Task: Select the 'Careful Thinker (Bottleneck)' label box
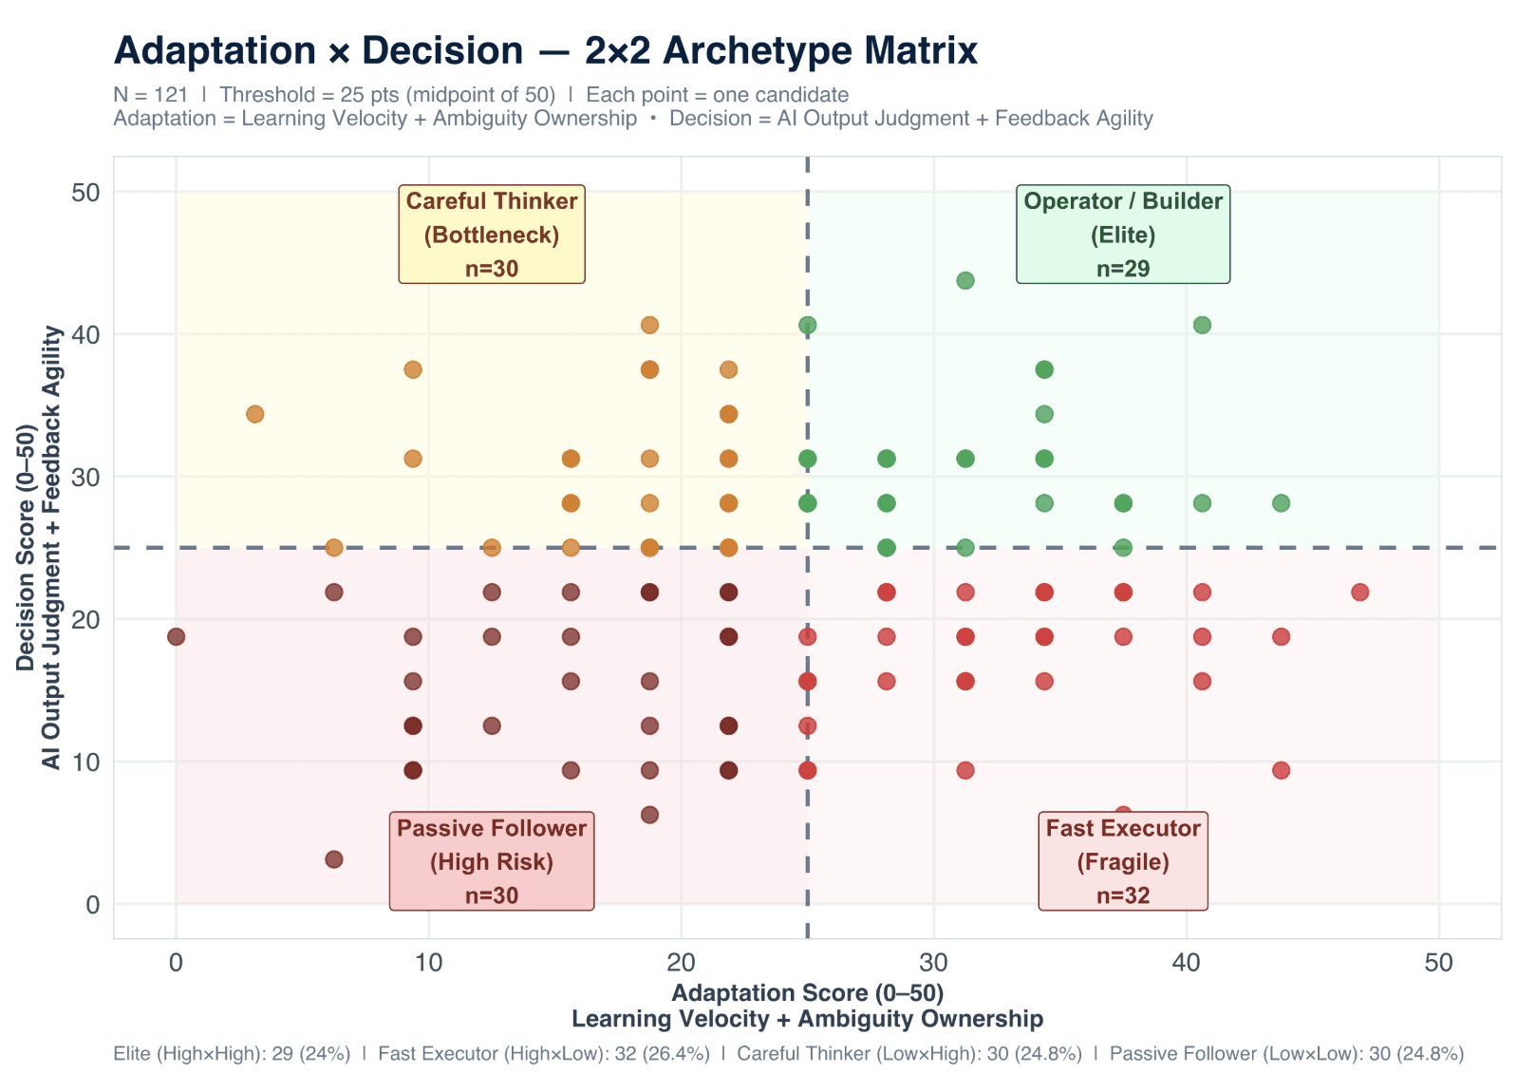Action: (492, 234)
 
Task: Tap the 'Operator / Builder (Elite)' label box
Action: (1123, 234)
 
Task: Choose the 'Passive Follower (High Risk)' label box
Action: (492, 860)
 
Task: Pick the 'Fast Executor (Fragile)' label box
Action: (1123, 860)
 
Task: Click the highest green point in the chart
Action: (965, 280)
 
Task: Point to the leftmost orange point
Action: (254, 414)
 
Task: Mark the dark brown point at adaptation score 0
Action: (176, 636)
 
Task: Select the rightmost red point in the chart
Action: (1359, 593)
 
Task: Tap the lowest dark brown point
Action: (334, 859)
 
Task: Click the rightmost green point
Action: (1281, 503)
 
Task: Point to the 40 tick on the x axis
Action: (1186, 963)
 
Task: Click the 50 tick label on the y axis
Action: (85, 193)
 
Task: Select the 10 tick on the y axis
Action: (85, 762)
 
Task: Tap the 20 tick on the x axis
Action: (681, 963)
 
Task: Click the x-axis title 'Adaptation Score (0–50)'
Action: (807, 993)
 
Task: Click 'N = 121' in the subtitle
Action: (151, 95)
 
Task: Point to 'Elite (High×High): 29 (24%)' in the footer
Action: (232, 1053)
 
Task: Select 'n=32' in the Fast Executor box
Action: (1123, 895)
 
